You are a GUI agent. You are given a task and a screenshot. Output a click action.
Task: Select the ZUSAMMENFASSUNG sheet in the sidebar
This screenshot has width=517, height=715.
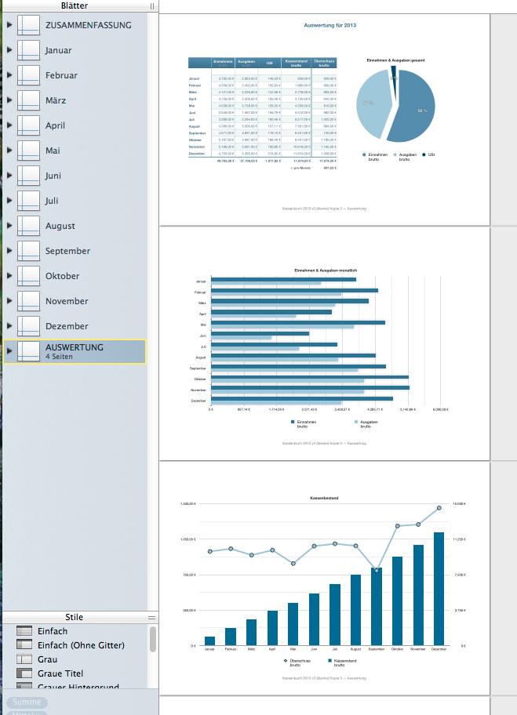coord(88,25)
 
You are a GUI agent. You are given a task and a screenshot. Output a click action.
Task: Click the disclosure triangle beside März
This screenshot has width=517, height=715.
coord(9,100)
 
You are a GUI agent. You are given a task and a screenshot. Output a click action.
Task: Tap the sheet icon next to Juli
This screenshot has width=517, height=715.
coord(29,201)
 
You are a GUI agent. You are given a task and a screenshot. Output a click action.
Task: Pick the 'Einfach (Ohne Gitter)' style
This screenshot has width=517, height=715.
coord(81,645)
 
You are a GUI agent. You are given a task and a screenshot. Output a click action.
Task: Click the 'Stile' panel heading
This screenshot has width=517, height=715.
coord(74,617)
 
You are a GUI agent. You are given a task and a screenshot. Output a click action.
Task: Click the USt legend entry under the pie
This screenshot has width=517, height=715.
coord(431,155)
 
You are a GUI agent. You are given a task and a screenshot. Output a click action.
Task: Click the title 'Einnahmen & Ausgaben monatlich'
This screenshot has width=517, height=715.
coord(324,270)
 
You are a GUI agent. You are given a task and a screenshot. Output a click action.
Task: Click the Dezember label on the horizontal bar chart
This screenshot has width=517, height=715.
coord(198,401)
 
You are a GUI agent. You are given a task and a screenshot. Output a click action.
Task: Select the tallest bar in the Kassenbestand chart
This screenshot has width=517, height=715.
coord(439,588)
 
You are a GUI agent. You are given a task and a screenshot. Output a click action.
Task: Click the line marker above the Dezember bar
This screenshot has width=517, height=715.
coord(439,508)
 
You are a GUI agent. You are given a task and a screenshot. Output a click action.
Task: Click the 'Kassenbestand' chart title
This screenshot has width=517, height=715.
coord(324,498)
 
